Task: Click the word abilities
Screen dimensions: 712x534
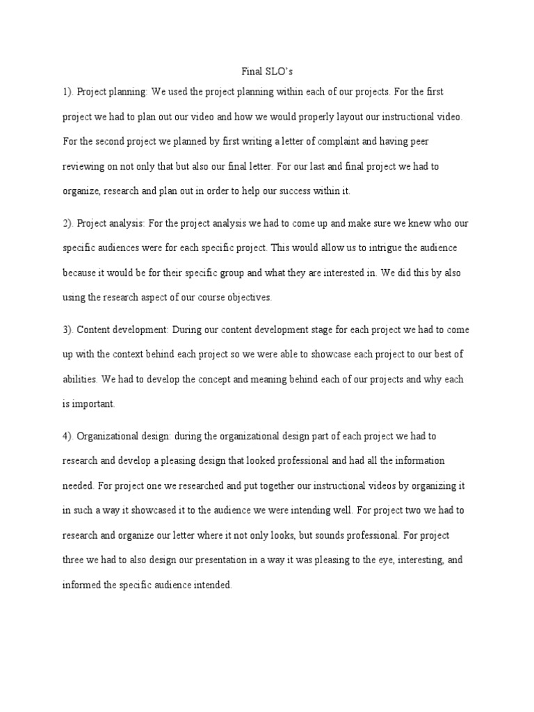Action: click(x=80, y=380)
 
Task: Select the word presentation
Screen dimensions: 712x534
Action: click(x=229, y=560)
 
